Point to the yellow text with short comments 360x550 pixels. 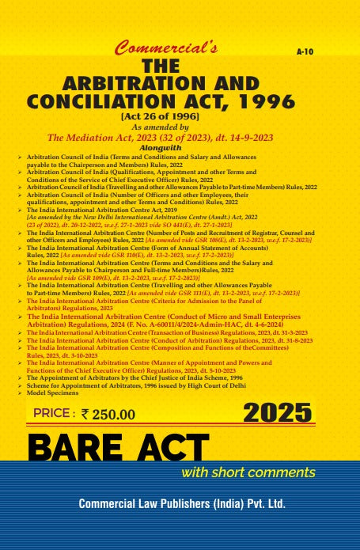[x=248, y=473]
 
